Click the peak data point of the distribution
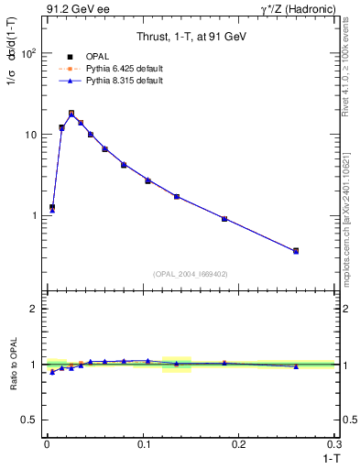(71, 114)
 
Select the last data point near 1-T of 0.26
(296, 250)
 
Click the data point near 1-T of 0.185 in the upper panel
(224, 219)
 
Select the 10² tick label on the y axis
(27, 53)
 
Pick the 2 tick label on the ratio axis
(31, 309)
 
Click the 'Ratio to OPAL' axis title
(12, 365)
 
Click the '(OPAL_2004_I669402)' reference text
(191, 273)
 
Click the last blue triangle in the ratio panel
(296, 366)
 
